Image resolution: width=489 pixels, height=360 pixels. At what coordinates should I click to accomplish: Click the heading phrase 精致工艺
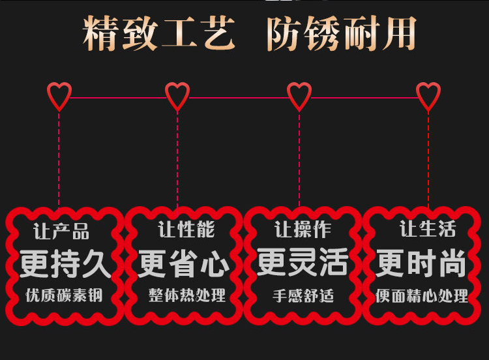(158, 34)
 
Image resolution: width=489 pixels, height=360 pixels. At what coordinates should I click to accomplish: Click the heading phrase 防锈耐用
(341, 34)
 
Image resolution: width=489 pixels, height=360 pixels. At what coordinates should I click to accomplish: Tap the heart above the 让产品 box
(59, 97)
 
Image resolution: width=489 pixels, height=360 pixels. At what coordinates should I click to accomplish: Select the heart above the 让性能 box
(177, 97)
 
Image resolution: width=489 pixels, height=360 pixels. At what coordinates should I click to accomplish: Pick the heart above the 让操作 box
(299, 97)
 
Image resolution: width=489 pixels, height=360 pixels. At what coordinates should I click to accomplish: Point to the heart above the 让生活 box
(428, 97)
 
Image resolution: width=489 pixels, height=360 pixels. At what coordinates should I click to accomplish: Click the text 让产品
(61, 232)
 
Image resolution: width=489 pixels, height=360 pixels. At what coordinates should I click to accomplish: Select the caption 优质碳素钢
(64, 295)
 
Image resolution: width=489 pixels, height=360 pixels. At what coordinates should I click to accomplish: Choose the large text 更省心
(184, 265)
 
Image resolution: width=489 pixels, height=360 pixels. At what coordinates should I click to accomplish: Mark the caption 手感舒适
(303, 295)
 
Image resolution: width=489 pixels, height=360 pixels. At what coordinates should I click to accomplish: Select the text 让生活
(428, 229)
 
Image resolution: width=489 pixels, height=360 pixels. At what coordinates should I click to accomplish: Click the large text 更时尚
(421, 265)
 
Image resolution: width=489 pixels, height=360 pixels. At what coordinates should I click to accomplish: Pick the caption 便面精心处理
(422, 296)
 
